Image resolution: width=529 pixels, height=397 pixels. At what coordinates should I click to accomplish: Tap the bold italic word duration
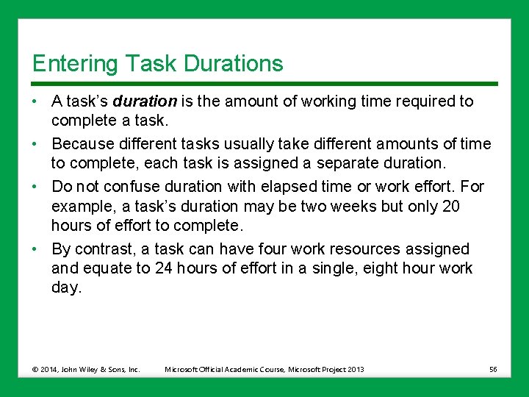tap(145, 101)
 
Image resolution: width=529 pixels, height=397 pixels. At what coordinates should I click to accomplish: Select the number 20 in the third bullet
tap(450, 206)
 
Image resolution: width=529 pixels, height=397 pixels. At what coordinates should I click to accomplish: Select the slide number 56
tap(493, 369)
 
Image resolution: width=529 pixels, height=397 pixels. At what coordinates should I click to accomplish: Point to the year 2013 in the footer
tap(354, 369)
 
